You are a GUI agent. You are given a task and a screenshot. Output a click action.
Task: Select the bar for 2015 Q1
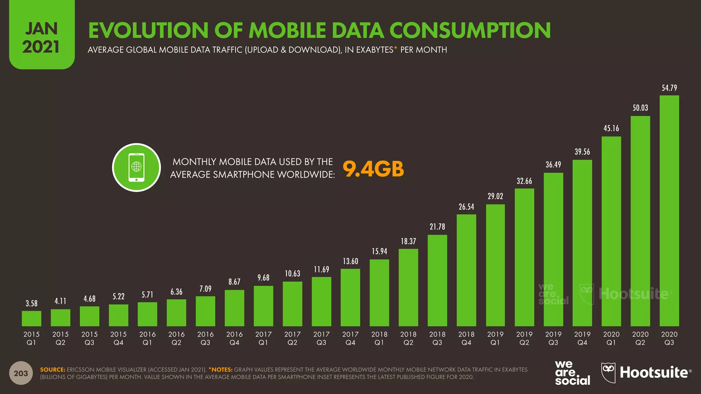click(x=31, y=318)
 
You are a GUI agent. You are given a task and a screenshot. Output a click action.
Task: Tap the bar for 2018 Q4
click(x=466, y=270)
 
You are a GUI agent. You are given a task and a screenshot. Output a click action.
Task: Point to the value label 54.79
click(x=669, y=88)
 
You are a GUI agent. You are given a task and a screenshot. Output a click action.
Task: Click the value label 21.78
click(x=437, y=227)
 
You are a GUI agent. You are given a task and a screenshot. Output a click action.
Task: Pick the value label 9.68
click(x=264, y=278)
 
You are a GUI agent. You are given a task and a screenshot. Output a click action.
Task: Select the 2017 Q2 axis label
click(x=292, y=338)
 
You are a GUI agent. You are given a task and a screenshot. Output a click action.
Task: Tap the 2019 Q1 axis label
click(x=495, y=338)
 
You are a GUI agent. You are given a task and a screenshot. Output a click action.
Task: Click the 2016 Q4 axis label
click(x=234, y=338)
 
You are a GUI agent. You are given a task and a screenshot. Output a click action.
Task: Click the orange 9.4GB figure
click(x=373, y=169)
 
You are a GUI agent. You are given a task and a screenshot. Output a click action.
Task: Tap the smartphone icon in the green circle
click(x=136, y=168)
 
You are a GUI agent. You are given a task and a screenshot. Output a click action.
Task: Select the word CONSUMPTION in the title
click(x=470, y=30)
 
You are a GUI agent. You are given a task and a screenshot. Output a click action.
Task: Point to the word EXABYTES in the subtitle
click(x=374, y=50)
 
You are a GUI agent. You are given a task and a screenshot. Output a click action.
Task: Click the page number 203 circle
click(x=21, y=373)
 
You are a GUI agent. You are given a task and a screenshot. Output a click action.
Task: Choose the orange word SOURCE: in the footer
click(x=52, y=370)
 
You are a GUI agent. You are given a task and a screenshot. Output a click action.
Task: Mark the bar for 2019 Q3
click(x=553, y=249)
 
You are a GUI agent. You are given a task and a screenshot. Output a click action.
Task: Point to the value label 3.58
click(x=31, y=303)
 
